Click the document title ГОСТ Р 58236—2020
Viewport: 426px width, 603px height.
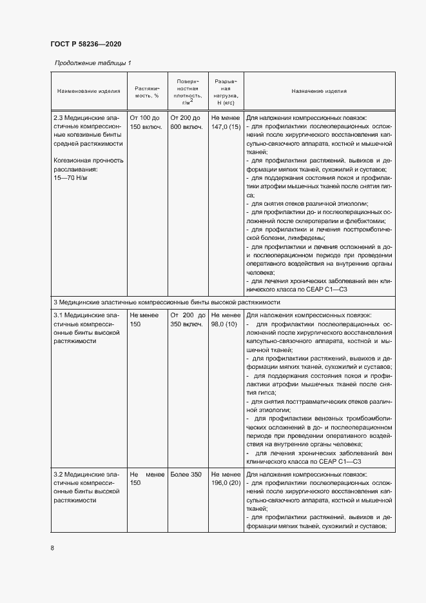point(86,44)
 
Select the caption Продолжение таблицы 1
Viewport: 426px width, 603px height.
point(93,63)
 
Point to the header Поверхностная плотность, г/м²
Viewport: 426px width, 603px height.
point(188,91)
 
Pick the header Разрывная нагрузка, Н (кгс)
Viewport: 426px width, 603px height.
point(226,91)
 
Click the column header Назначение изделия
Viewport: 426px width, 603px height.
point(319,91)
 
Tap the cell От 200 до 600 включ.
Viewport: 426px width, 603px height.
point(187,123)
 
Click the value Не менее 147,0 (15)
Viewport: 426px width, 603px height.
point(226,123)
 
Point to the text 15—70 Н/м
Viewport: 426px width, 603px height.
point(70,177)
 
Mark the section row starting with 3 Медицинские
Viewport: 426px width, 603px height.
point(167,302)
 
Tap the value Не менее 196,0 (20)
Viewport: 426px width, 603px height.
point(226,479)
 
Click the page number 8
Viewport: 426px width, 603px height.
point(52,548)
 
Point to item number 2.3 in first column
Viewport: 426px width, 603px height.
point(58,119)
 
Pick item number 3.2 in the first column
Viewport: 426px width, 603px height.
point(58,475)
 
